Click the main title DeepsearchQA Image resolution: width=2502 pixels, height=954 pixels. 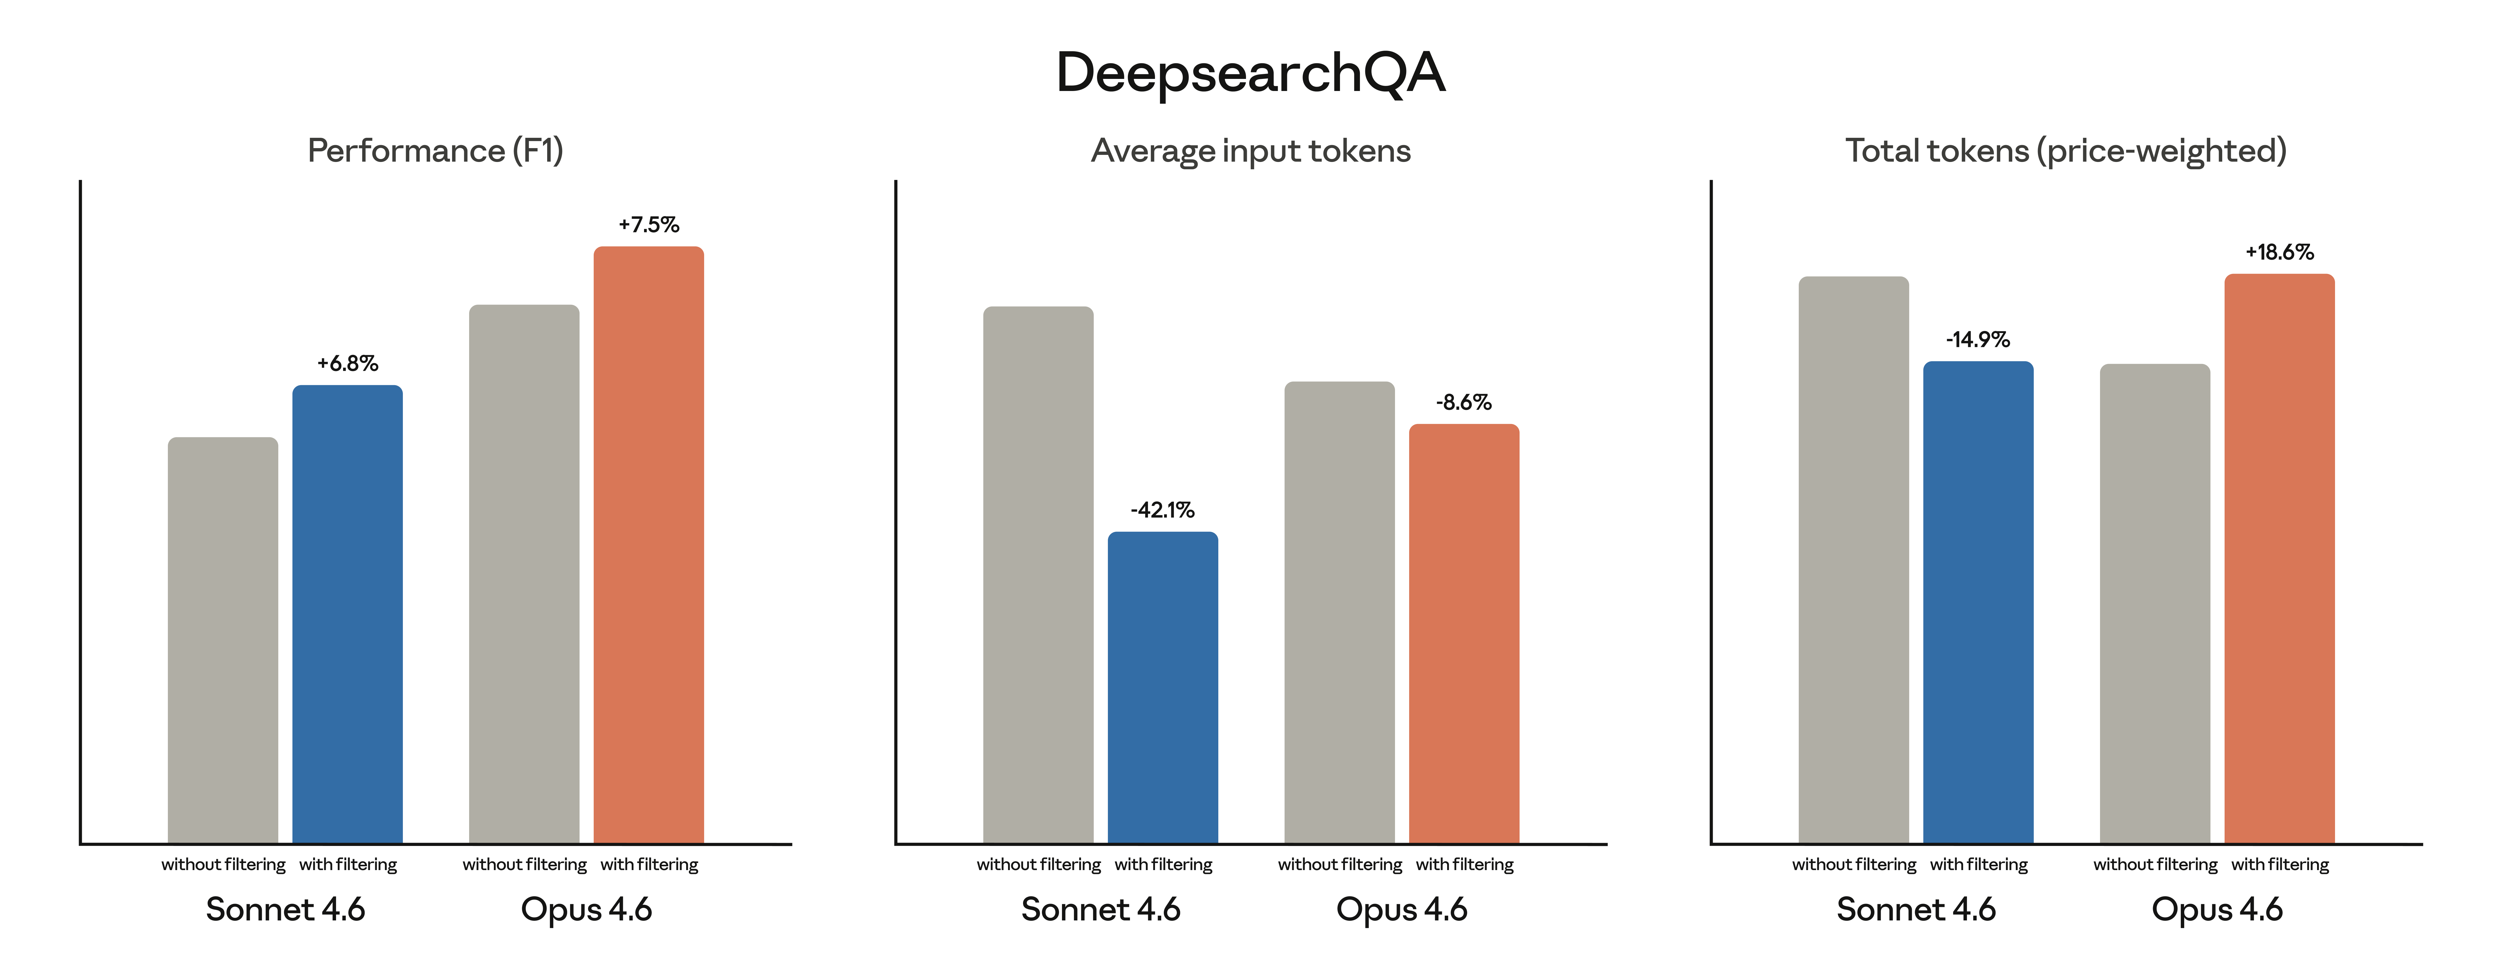pyautogui.click(x=1250, y=73)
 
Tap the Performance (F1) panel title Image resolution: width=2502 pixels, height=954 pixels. pyautogui.click(x=435, y=150)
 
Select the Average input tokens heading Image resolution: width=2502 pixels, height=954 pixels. pyautogui.click(x=1250, y=150)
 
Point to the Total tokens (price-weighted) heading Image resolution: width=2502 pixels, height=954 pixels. pyautogui.click(x=2066, y=150)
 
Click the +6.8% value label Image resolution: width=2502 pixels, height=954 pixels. pyautogui.click(x=348, y=363)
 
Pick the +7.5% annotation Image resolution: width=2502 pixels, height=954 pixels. pyautogui.click(x=649, y=224)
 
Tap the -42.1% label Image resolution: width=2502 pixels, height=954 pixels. pyautogui.click(x=1163, y=510)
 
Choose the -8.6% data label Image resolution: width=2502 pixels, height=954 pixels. pyautogui.click(x=1464, y=402)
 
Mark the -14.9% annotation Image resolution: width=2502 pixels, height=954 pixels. pyautogui.click(x=1978, y=339)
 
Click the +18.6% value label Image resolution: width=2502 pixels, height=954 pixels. pyautogui.click(x=2280, y=252)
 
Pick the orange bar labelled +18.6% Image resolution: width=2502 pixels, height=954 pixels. pyautogui.click(x=2280, y=559)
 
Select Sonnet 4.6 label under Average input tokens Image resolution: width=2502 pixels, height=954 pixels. pyautogui.click(x=1101, y=909)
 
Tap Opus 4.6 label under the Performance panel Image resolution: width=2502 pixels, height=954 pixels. pyautogui.click(x=586, y=909)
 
